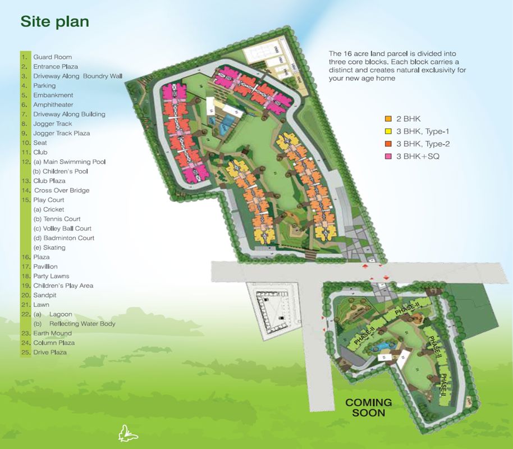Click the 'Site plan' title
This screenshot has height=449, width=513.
click(54, 21)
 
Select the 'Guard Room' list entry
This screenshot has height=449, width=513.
click(52, 57)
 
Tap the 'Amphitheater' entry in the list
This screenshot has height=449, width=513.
click(53, 104)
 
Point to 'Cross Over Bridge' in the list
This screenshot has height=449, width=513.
click(62, 190)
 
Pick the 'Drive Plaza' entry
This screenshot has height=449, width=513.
click(49, 352)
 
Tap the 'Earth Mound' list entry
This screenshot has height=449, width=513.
click(52, 333)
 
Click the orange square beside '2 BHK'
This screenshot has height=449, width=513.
click(387, 119)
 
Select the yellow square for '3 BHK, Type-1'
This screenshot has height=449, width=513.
click(387, 131)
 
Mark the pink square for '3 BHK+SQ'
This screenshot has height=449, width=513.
click(387, 156)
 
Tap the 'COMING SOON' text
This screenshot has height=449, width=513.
click(369, 407)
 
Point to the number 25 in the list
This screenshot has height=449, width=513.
click(24, 352)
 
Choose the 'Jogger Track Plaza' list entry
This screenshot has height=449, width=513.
click(61, 133)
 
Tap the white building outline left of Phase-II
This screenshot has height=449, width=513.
click(276, 314)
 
